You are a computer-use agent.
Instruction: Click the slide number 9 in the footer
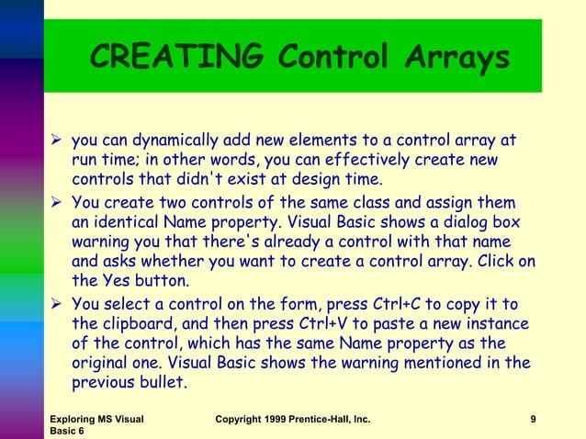pyautogui.click(x=534, y=420)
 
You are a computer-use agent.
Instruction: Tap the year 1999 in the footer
pyautogui.click(x=286, y=420)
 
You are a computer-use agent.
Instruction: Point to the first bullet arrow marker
pyautogui.click(x=54, y=142)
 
